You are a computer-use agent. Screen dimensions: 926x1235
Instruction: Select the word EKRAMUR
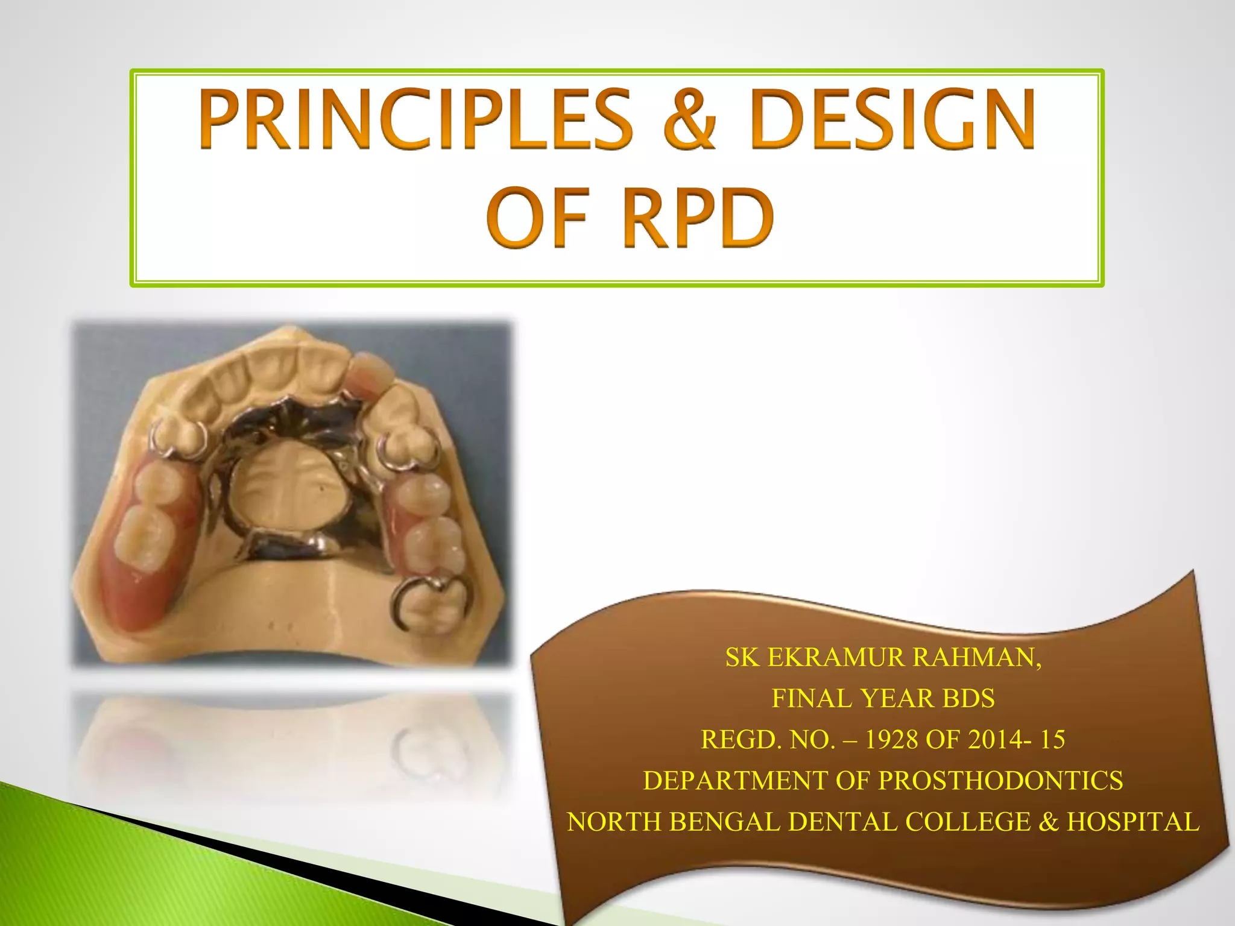pyautogui.click(x=836, y=657)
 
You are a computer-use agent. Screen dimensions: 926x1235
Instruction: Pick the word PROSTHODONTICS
pyautogui.click(x=1000, y=781)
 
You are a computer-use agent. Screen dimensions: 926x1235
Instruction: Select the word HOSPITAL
pyautogui.click(x=1133, y=822)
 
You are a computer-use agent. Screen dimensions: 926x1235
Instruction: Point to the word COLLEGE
pyautogui.click(x=968, y=822)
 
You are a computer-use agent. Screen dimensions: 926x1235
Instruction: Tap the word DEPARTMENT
pyautogui.click(x=734, y=781)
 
